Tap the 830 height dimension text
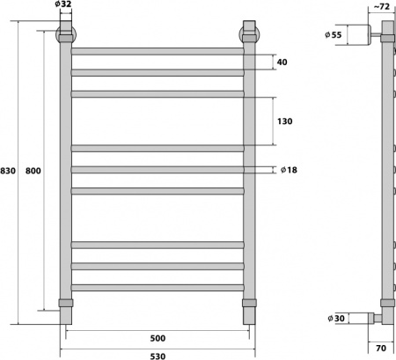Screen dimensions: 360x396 coord(9,169)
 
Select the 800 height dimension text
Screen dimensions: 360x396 coord(33,169)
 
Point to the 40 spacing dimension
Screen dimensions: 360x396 coord(282,62)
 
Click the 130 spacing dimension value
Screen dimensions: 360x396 coord(283,121)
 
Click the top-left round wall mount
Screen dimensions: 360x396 coord(65,36)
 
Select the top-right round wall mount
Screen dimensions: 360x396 coord(249,36)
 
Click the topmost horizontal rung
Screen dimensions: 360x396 coord(157,51)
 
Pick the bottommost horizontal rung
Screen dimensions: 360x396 coord(157,287)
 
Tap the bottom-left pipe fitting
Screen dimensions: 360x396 coord(65,305)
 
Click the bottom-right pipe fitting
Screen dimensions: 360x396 coord(249,305)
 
